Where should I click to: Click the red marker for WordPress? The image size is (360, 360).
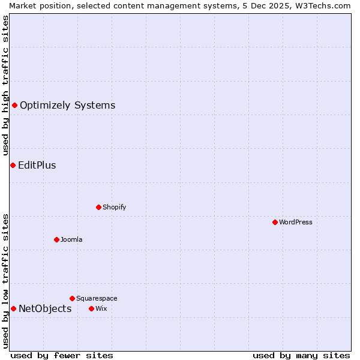275,222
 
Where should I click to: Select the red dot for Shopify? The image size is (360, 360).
98,207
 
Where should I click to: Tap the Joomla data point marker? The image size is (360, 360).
56,239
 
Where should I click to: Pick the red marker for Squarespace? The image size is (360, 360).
72,298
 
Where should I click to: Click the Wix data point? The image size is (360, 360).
91,308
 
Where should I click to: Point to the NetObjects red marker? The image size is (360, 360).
13,308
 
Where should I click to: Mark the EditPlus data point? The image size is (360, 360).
13,165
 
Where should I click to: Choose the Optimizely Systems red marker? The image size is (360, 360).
14,106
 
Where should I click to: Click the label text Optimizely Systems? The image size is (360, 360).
67,106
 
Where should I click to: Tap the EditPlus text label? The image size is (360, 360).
37,166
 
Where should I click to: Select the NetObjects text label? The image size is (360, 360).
45,309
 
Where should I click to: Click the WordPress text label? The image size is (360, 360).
296,222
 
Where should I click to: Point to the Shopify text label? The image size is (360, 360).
114,207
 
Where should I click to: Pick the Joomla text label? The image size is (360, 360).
71,239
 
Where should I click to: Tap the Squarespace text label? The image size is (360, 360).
97,298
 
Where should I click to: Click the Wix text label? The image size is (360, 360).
101,308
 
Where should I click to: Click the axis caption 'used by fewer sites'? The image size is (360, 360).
62,355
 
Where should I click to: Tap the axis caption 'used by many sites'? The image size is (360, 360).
301,355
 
